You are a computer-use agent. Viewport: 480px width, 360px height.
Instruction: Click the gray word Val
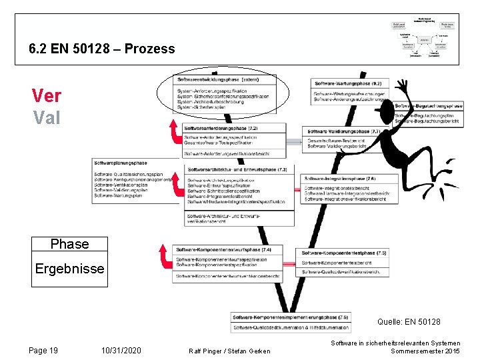pyautogui.click(x=46, y=117)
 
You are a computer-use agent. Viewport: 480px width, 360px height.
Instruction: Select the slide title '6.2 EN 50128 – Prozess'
pyautogui.click(x=102, y=49)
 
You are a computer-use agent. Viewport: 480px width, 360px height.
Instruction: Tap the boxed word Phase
pyautogui.click(x=69, y=244)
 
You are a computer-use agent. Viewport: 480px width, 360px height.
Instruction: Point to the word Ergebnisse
pyautogui.click(x=69, y=268)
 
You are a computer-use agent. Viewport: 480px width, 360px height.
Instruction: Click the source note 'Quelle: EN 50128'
pyautogui.click(x=408, y=322)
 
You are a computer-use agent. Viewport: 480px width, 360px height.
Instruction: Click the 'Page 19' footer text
pyautogui.click(x=43, y=350)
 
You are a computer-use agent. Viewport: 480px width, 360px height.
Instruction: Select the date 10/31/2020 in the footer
pyautogui.click(x=121, y=350)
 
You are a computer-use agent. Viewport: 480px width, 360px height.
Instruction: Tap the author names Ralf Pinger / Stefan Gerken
pyautogui.click(x=229, y=351)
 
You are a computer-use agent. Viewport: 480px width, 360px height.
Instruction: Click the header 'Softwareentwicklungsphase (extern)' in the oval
pyautogui.click(x=218, y=79)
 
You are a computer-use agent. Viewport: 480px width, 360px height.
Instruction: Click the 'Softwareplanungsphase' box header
pyautogui.click(x=121, y=163)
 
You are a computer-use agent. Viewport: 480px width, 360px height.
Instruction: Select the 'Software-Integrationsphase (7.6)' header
pyautogui.click(x=340, y=179)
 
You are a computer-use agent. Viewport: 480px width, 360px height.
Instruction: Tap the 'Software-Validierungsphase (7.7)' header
pyautogui.click(x=344, y=132)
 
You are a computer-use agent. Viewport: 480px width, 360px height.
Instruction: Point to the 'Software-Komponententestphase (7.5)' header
pyautogui.click(x=344, y=253)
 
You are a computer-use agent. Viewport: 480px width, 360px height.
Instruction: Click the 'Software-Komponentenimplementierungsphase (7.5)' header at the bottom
pyautogui.click(x=291, y=317)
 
